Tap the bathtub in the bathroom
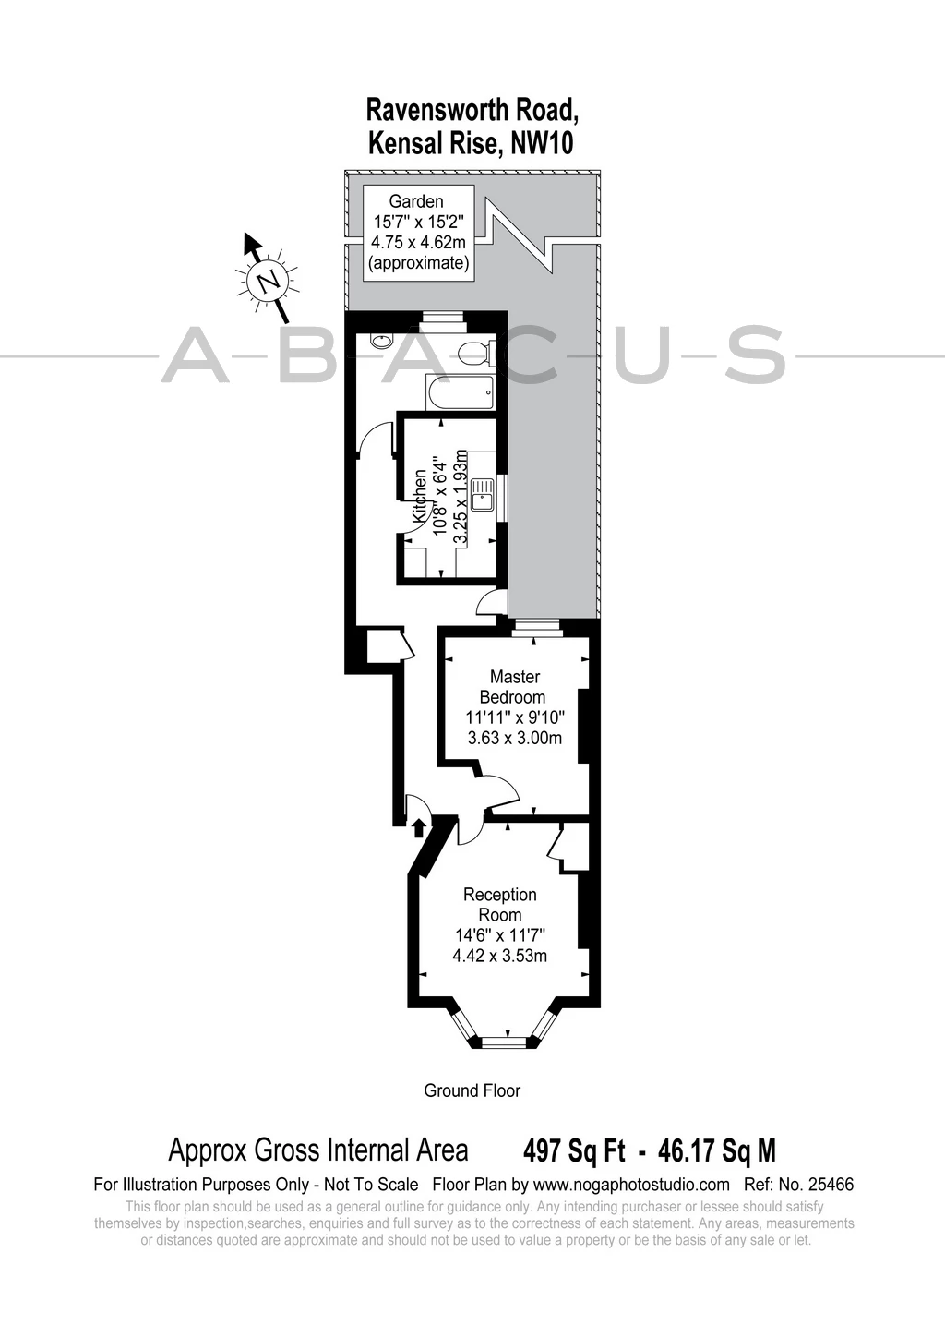(x=460, y=392)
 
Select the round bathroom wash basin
(x=379, y=342)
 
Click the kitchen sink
(x=481, y=494)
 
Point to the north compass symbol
(x=268, y=276)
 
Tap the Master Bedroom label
(x=513, y=687)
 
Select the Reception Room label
(x=500, y=905)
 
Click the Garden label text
(x=416, y=201)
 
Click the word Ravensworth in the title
(x=436, y=110)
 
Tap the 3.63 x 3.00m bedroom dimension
(x=514, y=739)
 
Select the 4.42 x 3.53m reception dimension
(x=500, y=957)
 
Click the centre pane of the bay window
(x=504, y=1042)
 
